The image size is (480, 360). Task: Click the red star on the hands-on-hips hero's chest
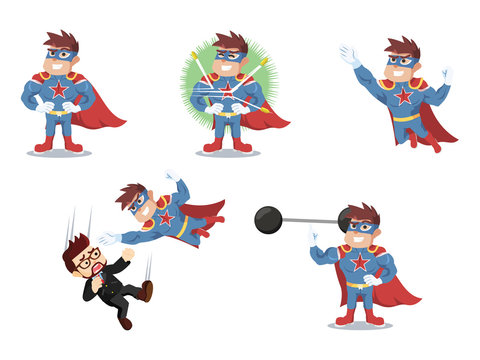coord(58,92)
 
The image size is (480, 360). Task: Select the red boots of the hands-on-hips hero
coord(44,144)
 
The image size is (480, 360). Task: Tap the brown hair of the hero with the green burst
coord(231,41)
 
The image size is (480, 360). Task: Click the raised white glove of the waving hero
coord(349,55)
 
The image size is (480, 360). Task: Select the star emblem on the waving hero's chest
coord(403,96)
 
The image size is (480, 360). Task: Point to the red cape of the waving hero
coord(437,125)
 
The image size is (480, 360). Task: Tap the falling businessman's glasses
coord(88,255)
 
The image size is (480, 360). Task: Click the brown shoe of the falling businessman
coord(147,290)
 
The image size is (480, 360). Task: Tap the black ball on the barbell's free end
coord(268,220)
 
